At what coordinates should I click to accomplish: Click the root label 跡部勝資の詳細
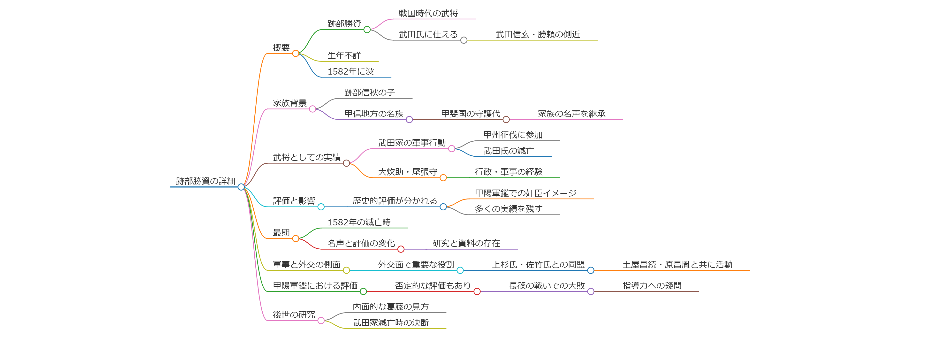205,181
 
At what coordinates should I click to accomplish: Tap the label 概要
281,48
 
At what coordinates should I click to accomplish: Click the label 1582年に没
350,71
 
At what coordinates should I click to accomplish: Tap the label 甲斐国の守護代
470,114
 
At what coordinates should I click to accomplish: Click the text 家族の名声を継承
571,114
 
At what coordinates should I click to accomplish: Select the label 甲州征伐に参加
513,135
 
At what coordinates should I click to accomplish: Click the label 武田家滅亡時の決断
391,323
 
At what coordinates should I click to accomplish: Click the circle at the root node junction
241,187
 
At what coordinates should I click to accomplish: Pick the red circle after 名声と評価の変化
401,249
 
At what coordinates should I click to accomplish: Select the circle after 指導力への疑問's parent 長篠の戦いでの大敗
591,291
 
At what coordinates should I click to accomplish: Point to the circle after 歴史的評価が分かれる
443,207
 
